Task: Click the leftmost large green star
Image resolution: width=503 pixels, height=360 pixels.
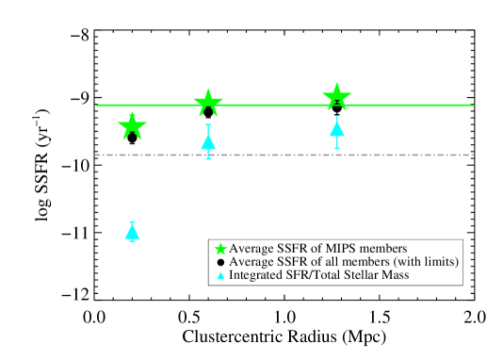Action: pos(132,125)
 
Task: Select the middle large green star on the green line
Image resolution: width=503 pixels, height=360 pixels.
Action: pos(208,102)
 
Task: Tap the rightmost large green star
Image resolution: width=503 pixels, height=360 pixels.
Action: pos(337,96)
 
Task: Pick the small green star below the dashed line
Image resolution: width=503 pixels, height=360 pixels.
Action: pos(220,249)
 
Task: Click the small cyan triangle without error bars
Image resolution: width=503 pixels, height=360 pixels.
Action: pos(220,275)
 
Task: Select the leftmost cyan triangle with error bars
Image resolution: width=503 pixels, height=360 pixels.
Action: pos(132,232)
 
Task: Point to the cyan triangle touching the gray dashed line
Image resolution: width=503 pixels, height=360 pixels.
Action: pos(208,142)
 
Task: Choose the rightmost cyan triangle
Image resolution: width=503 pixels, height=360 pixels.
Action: pos(337,129)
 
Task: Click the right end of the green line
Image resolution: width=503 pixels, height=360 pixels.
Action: pos(473,105)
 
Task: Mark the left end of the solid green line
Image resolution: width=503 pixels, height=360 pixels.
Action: pos(97,105)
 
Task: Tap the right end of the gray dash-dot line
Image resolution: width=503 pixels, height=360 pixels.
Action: pos(473,155)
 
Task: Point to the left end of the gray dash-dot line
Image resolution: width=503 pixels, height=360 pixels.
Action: pos(95,155)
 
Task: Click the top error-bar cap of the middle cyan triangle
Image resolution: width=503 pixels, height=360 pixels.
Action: pos(208,124)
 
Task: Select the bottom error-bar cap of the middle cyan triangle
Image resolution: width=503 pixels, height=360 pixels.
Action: pos(208,158)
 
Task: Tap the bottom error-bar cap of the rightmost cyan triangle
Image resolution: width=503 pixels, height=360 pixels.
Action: pos(337,148)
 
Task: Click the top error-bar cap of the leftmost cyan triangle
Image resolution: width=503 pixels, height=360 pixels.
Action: pos(132,221)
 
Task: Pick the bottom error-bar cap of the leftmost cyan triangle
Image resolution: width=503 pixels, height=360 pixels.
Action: pos(132,241)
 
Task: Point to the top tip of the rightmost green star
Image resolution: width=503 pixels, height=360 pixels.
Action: pos(337,82)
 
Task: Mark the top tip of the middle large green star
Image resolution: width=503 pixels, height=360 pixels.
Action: pos(208,88)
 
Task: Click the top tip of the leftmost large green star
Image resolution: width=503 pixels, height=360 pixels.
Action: pos(132,111)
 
